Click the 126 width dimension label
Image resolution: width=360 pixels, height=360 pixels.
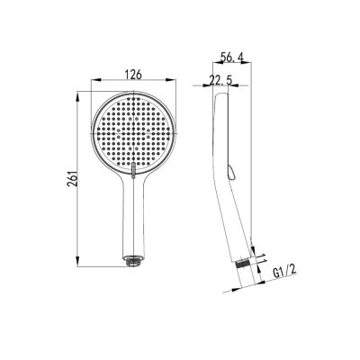pyautogui.click(x=133, y=75)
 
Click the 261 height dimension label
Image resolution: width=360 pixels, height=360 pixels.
pyautogui.click(x=72, y=179)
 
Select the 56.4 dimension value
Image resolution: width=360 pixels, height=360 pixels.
pyautogui.click(x=231, y=58)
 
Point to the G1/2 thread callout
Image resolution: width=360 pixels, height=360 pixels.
pyautogui.click(x=284, y=272)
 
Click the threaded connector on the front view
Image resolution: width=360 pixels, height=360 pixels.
pyautogui.click(x=133, y=260)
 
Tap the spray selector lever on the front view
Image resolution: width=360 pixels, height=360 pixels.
pyautogui.click(x=133, y=170)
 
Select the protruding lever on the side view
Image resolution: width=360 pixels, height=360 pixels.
pyautogui.click(x=230, y=173)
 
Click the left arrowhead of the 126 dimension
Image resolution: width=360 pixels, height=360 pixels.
pyautogui.click(x=95, y=80)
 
